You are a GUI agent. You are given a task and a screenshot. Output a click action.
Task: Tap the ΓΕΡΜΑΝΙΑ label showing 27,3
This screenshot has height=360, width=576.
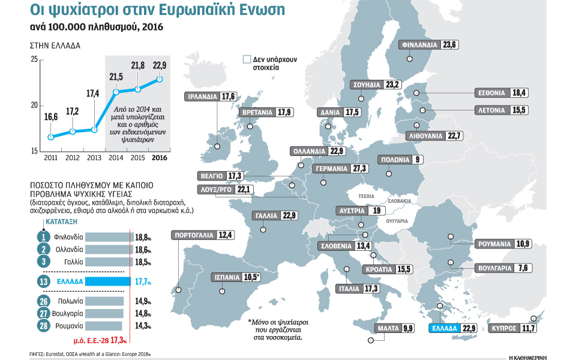click(x=340, y=169)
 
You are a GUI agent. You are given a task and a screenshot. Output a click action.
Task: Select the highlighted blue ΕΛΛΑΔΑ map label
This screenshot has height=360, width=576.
click(x=452, y=328)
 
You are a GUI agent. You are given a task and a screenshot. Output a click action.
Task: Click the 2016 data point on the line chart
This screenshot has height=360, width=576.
click(x=160, y=79)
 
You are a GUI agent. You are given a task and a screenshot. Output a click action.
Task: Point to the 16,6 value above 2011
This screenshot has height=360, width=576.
click(x=51, y=117)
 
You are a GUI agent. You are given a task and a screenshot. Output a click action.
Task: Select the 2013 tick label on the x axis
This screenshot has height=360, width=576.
click(x=94, y=158)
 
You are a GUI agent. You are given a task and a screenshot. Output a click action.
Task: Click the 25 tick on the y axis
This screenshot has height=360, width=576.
click(x=34, y=59)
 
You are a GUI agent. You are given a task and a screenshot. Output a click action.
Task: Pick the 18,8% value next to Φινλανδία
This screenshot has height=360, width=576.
click(x=143, y=236)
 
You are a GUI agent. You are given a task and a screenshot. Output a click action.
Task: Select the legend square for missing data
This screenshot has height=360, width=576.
click(x=246, y=60)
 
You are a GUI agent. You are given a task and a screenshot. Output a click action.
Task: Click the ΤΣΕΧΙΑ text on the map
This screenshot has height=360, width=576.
click(x=365, y=196)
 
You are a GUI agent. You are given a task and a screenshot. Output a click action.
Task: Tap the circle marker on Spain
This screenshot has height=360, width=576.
click(x=222, y=290)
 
